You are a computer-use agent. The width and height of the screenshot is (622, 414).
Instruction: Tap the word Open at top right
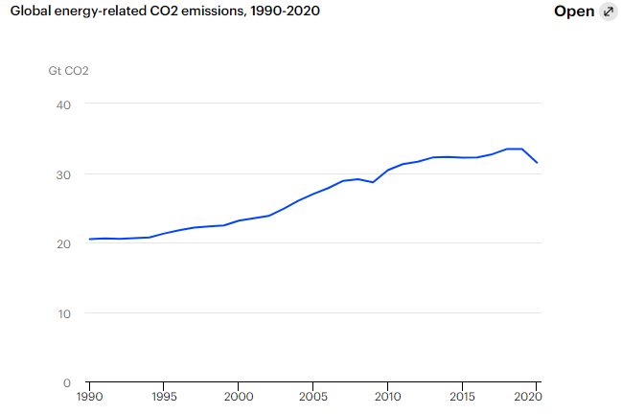574,11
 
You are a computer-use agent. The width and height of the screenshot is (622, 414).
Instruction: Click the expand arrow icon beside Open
608,11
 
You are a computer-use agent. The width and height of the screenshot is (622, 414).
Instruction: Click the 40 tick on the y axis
63,104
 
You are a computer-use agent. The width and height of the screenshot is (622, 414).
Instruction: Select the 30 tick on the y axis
63,174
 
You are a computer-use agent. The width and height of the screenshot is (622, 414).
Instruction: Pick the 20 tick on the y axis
63,243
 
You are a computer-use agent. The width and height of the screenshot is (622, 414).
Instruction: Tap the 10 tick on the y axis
63,313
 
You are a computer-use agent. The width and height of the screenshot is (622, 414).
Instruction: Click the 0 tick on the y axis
67,382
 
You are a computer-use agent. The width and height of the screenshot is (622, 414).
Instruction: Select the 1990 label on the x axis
89,396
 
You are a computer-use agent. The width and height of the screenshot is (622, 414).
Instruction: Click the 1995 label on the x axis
164,396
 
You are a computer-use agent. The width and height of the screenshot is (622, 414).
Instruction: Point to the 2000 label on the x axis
239,396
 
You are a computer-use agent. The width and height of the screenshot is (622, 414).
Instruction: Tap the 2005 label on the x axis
312,396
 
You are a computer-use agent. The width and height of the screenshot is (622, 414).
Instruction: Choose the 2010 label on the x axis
387,396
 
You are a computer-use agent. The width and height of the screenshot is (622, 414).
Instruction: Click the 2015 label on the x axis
462,396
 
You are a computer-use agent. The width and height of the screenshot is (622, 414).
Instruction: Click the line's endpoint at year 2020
537,163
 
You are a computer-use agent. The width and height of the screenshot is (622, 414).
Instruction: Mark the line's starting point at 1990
89,240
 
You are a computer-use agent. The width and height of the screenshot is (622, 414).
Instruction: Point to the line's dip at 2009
373,182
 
